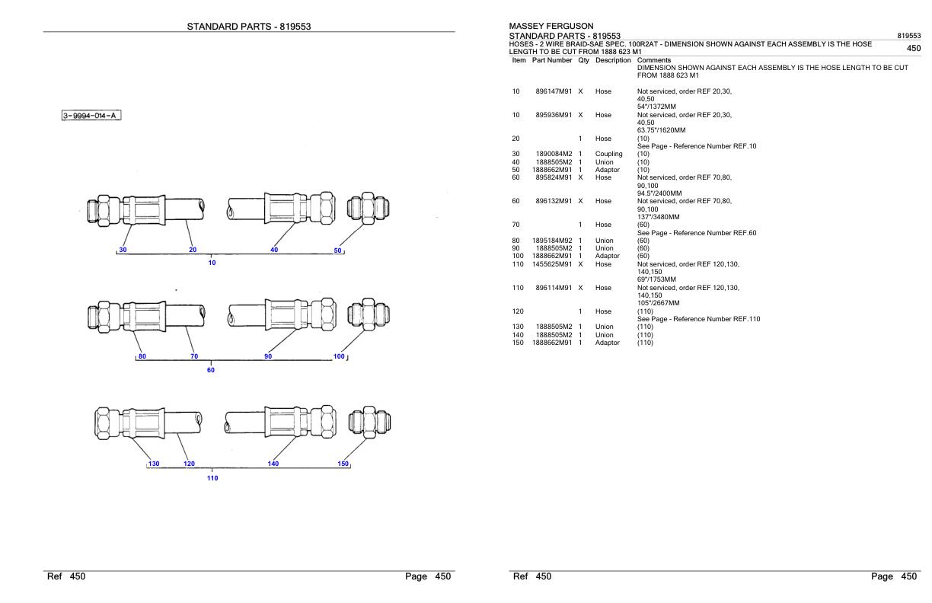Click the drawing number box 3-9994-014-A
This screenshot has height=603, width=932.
click(91, 115)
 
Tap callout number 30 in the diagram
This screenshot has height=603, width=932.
click(123, 250)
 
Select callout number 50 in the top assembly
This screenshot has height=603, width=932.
click(337, 250)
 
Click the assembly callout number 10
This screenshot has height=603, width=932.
click(212, 263)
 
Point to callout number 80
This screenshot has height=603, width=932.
click(142, 356)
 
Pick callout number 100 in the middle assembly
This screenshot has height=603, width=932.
click(339, 356)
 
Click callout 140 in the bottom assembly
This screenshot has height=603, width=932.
click(273, 464)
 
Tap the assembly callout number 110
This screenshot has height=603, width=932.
click(212, 478)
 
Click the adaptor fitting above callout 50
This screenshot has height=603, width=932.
click(369, 208)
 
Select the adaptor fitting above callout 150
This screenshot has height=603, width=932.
click(369, 422)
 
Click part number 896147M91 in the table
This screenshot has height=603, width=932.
click(554, 91)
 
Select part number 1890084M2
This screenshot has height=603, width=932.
click(554, 154)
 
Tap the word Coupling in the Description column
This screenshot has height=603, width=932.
click(608, 154)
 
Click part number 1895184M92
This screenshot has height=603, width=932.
click(552, 241)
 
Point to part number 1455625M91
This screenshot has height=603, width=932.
click(552, 264)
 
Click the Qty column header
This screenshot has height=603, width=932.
click(583, 60)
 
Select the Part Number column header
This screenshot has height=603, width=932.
click(552, 60)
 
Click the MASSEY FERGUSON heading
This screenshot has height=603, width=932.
click(551, 26)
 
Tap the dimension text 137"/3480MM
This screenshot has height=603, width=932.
click(658, 217)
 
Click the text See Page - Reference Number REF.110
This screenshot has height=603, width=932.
click(698, 319)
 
